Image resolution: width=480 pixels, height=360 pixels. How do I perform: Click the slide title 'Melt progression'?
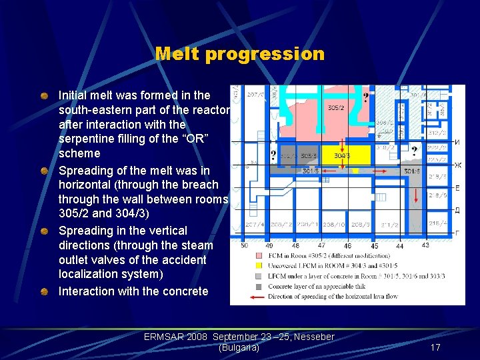point(239,54)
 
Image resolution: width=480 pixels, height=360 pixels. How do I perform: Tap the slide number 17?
point(435,347)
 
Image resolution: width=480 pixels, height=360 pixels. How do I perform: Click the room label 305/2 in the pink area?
point(336,108)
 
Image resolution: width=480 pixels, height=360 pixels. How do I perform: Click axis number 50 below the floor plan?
point(244,246)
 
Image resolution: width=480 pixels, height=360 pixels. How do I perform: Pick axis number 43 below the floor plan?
point(425,245)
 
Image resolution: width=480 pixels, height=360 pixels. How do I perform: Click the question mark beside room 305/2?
point(365,99)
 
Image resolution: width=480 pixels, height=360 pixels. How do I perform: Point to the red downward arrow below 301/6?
point(416,194)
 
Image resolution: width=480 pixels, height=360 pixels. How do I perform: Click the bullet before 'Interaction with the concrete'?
point(44,291)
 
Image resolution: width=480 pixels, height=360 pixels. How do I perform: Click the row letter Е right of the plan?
point(457,189)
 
